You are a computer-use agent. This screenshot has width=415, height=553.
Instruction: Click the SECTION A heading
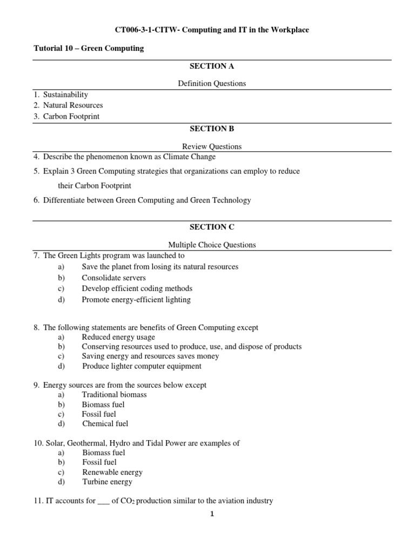click(207, 66)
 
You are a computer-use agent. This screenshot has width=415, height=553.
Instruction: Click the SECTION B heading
click(207, 129)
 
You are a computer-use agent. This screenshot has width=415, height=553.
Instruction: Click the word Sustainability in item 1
click(65, 95)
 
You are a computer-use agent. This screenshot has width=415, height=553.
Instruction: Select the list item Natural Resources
click(72, 105)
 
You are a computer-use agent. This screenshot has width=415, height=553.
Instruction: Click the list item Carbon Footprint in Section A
click(71, 116)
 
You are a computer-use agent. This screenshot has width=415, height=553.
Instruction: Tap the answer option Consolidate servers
click(113, 278)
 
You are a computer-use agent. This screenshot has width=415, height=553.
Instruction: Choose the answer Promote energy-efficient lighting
click(136, 299)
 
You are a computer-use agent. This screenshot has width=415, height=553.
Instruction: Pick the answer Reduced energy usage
click(116, 337)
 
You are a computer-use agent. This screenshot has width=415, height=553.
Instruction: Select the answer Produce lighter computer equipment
click(142, 366)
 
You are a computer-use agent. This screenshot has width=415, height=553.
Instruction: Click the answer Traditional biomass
click(114, 395)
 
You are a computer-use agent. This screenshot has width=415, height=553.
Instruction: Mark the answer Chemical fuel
click(105, 424)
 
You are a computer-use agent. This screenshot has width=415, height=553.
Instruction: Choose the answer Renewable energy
click(112, 472)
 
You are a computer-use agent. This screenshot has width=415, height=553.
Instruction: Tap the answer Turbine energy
click(107, 482)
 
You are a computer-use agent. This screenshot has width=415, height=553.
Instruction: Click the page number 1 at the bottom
click(212, 514)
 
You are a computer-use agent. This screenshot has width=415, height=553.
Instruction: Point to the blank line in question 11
click(103, 502)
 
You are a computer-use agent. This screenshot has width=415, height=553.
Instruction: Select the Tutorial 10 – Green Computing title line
click(89, 49)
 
